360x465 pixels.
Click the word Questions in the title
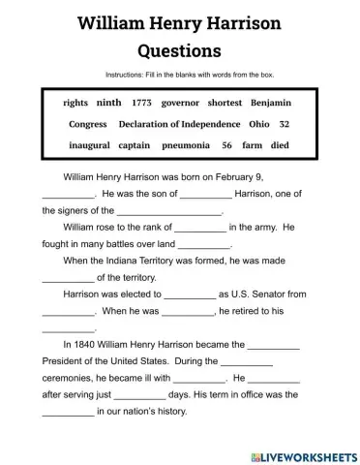pyautogui.click(x=180, y=48)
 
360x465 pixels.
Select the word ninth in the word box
pyautogui.click(x=109, y=102)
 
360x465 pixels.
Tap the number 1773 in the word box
pyautogui.click(x=142, y=102)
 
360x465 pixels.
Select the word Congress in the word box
pyautogui.click(x=88, y=124)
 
